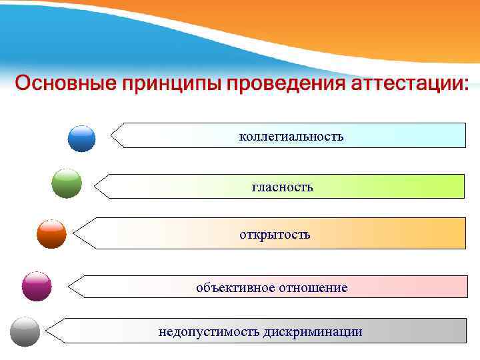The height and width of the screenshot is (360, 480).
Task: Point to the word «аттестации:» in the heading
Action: (410, 84)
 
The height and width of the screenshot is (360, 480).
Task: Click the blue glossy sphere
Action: (82, 139)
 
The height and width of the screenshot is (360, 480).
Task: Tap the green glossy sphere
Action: (67, 183)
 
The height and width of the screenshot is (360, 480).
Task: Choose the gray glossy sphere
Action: (25, 331)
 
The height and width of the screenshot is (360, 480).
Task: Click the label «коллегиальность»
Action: (291, 137)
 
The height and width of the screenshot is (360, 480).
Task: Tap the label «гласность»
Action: (282, 187)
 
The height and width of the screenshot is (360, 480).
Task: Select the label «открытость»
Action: (275, 235)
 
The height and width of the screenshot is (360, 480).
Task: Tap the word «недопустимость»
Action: (209, 331)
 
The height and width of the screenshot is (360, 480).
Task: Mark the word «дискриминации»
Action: (313, 331)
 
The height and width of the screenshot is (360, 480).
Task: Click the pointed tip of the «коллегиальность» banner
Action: (112, 135)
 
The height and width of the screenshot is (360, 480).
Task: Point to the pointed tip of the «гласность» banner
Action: (95, 186)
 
